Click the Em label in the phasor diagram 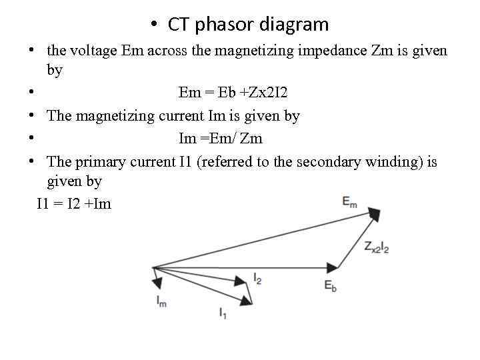tap(349, 201)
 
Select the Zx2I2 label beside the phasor tap(377, 247)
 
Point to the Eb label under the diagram tap(331, 285)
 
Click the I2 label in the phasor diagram tap(257, 279)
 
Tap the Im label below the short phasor tap(161, 302)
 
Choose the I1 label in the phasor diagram tap(223, 312)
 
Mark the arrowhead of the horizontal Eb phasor tap(334, 267)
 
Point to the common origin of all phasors tap(153, 267)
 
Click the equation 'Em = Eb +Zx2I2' tap(233, 93)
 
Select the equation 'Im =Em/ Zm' tap(221, 139)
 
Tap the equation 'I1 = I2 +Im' tap(74, 204)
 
